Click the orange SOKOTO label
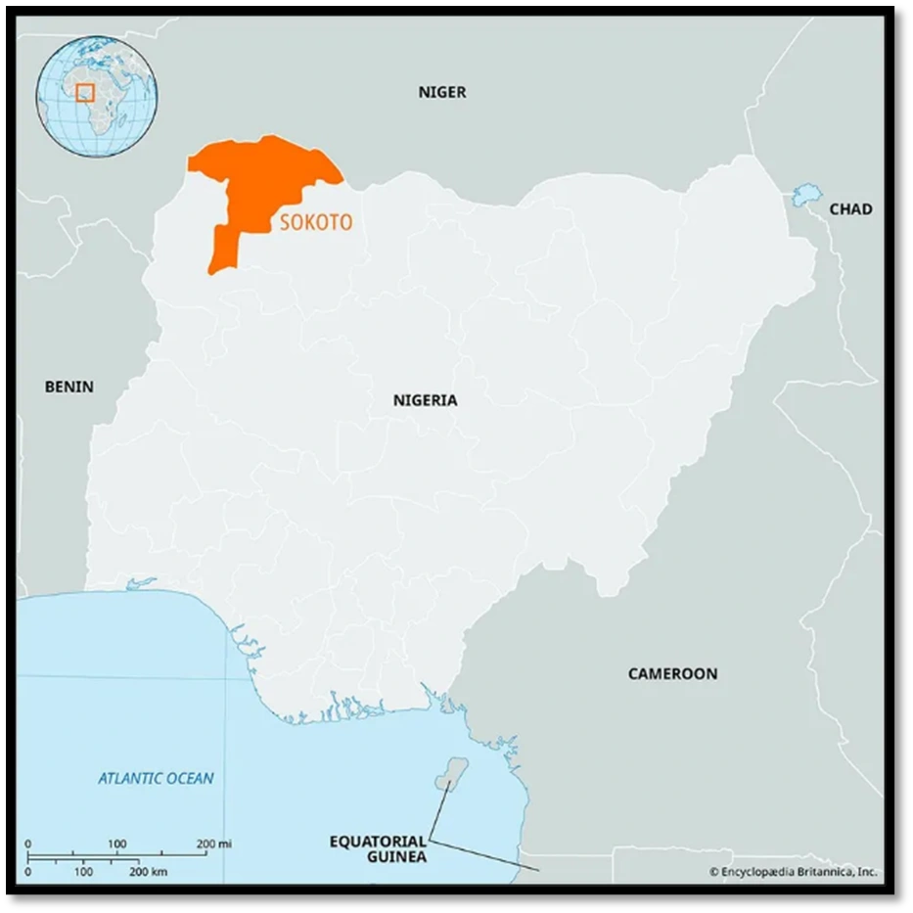[x=316, y=223]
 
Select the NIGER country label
[x=442, y=92]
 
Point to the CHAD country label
[x=850, y=208]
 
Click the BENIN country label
[x=69, y=387]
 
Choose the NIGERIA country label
[x=425, y=400]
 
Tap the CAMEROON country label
[x=672, y=673]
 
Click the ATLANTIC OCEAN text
[x=156, y=779]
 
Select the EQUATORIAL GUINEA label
[x=378, y=848]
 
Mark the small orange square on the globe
[x=85, y=93]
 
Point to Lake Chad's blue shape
[x=807, y=195]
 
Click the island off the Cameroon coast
[x=451, y=772]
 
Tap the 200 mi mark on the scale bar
[x=213, y=844]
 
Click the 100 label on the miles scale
[x=116, y=844]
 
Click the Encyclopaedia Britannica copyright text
[x=793, y=871]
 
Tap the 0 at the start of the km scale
[x=27, y=871]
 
